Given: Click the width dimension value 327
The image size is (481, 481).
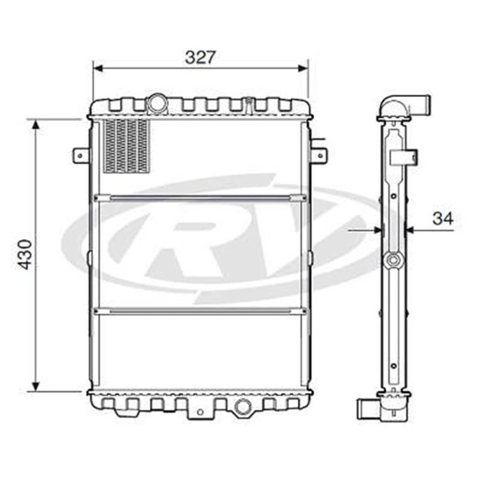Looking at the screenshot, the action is [x=200, y=57].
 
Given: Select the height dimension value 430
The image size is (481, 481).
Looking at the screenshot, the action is [x=25, y=254].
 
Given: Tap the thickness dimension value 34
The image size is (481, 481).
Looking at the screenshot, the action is [x=443, y=219].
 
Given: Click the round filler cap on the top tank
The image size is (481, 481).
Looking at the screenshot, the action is [x=157, y=104].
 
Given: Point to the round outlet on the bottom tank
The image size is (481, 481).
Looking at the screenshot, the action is [x=243, y=406].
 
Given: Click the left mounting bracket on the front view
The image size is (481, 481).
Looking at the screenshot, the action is [x=81, y=156].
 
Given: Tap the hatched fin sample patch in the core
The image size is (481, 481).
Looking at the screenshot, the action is [x=127, y=146].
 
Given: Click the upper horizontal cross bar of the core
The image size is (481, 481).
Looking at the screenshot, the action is [x=200, y=198].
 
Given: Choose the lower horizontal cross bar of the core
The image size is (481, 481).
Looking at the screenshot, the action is [x=200, y=312].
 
